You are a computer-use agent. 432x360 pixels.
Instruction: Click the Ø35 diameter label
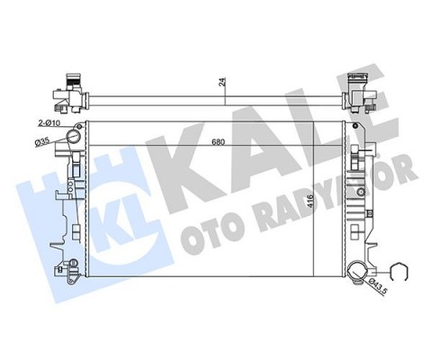(x=41, y=141)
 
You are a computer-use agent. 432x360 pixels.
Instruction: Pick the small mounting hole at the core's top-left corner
(x=83, y=122)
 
